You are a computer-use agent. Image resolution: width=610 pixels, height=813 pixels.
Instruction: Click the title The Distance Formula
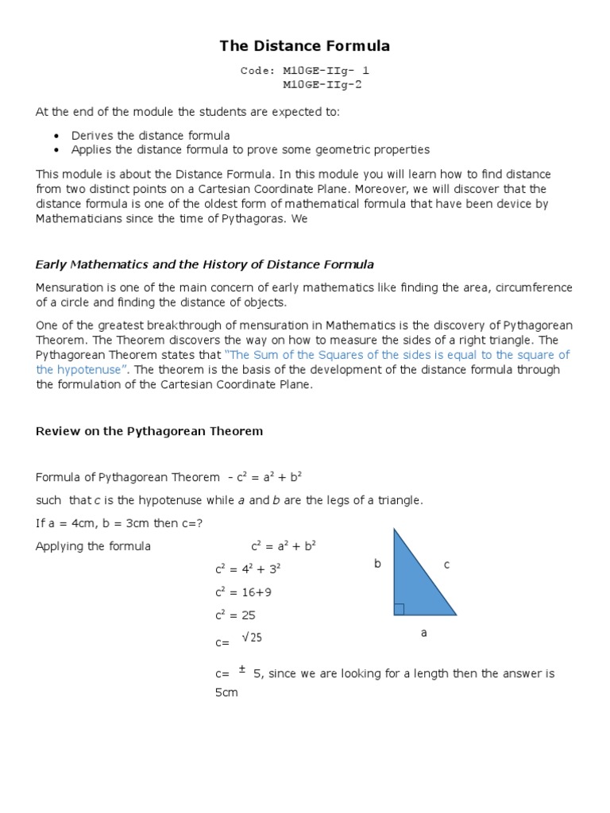pos(305,47)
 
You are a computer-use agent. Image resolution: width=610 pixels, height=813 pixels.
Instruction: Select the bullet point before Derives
pos(56,136)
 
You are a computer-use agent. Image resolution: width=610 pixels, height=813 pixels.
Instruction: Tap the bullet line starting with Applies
pos(250,149)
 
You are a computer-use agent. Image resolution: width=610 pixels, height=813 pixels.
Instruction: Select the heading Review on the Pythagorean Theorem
pos(149,431)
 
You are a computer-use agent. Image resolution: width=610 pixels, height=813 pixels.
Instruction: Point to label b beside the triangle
pos(378,564)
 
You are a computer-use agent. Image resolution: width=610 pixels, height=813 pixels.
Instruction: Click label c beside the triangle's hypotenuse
pos(446,564)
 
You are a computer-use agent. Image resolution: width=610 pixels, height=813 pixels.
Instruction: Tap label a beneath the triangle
pos(423,633)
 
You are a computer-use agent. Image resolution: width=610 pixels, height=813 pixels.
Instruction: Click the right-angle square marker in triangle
pos(399,609)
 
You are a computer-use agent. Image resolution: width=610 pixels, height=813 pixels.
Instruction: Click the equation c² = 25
pos(235,615)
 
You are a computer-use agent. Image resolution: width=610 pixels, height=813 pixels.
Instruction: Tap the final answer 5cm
pos(226,692)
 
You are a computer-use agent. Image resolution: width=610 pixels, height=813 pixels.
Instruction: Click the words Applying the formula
pos(93,546)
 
